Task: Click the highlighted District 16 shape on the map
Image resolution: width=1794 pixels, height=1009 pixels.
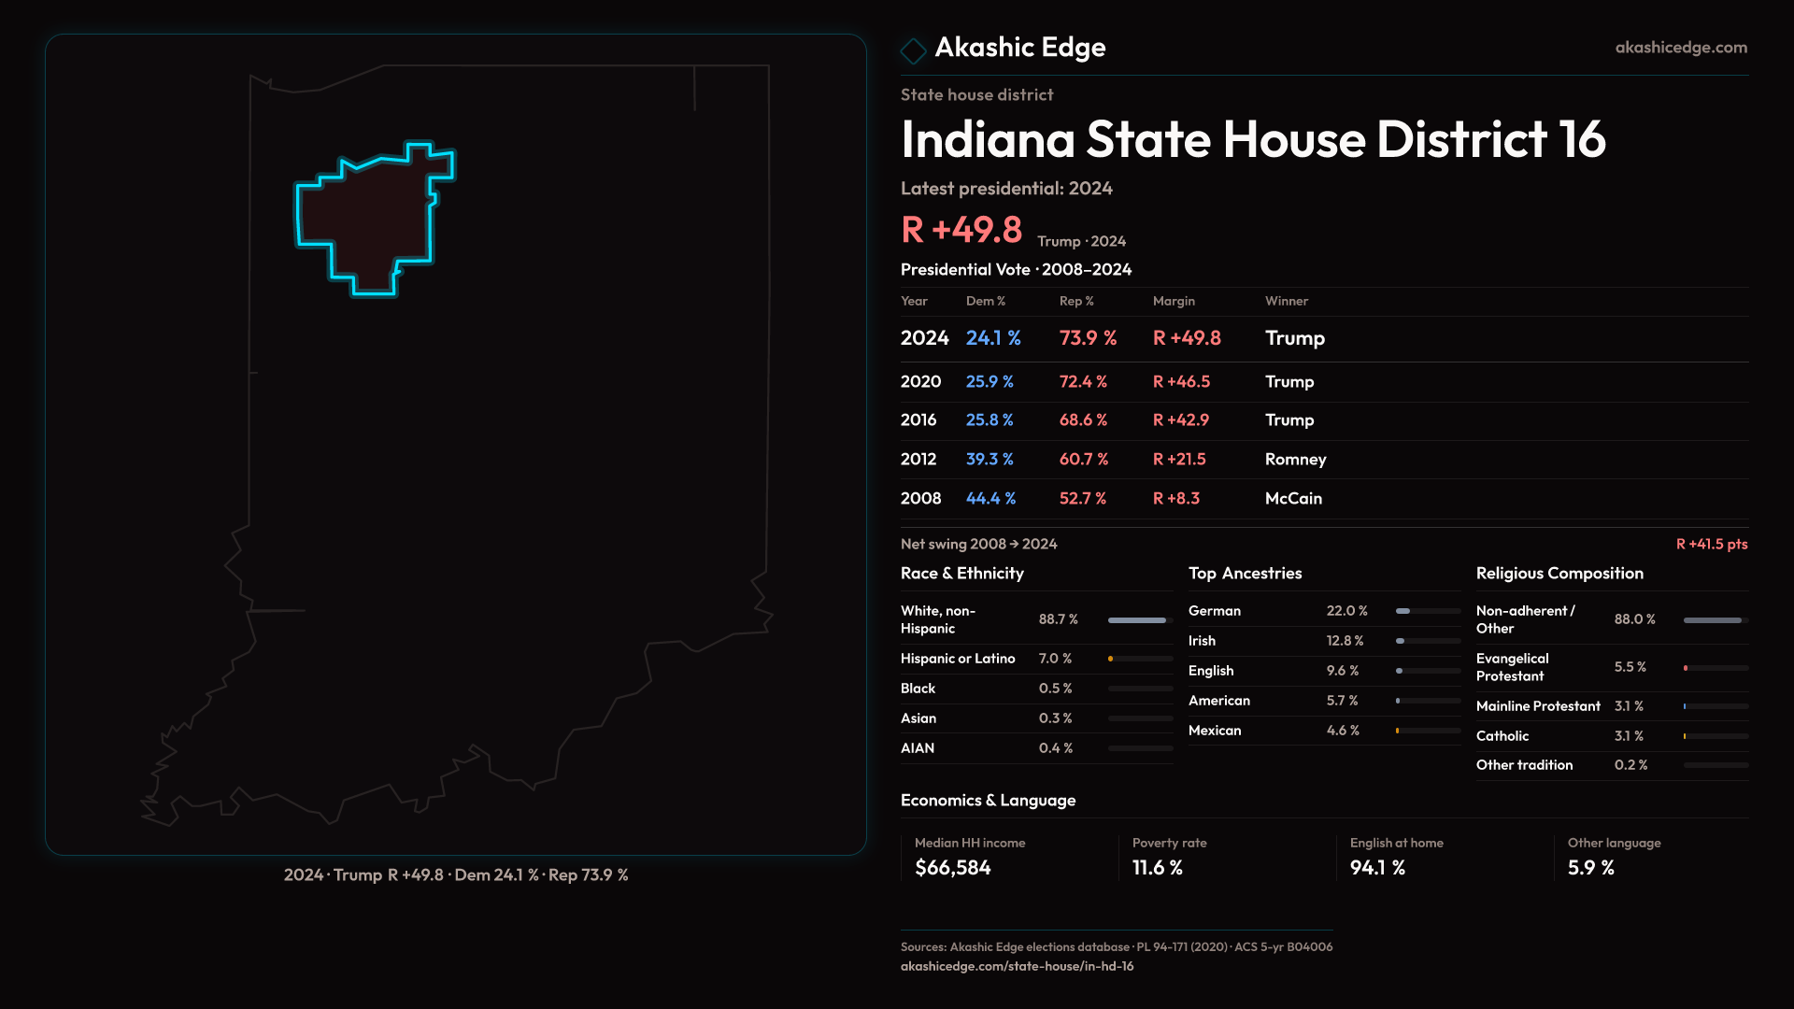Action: click(369, 220)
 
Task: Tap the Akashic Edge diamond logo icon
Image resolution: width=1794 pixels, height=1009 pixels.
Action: click(913, 50)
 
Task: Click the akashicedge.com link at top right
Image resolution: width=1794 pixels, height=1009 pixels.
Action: click(1680, 47)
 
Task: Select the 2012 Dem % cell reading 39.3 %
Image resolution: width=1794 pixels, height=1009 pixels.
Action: click(990, 459)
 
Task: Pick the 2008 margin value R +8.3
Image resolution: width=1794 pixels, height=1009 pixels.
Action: click(1175, 498)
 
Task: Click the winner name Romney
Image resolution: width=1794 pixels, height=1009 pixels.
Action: click(1295, 459)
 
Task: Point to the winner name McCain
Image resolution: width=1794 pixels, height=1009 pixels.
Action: click(1293, 498)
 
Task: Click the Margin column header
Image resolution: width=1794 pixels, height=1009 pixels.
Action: click(1174, 301)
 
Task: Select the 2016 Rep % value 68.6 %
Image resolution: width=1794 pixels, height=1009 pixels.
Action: click(1083, 419)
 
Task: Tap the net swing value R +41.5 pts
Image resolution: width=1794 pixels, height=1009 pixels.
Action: click(1711, 544)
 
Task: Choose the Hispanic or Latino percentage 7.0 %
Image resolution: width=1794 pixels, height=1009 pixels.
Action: click(1055, 659)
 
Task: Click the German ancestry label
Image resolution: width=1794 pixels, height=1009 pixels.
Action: click(1215, 611)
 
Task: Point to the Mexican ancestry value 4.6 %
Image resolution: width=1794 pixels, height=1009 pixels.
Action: click(1343, 731)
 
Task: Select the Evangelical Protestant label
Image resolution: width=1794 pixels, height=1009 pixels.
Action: click(1512, 667)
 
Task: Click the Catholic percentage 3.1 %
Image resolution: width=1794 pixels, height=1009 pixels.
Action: click(1629, 736)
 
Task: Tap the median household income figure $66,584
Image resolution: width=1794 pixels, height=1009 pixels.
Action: click(952, 868)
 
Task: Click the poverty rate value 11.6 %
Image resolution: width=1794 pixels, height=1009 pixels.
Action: click(1157, 868)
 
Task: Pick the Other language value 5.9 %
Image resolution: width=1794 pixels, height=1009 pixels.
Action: click(1590, 868)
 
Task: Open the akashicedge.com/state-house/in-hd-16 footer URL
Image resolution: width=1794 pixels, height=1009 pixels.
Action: click(1017, 966)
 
